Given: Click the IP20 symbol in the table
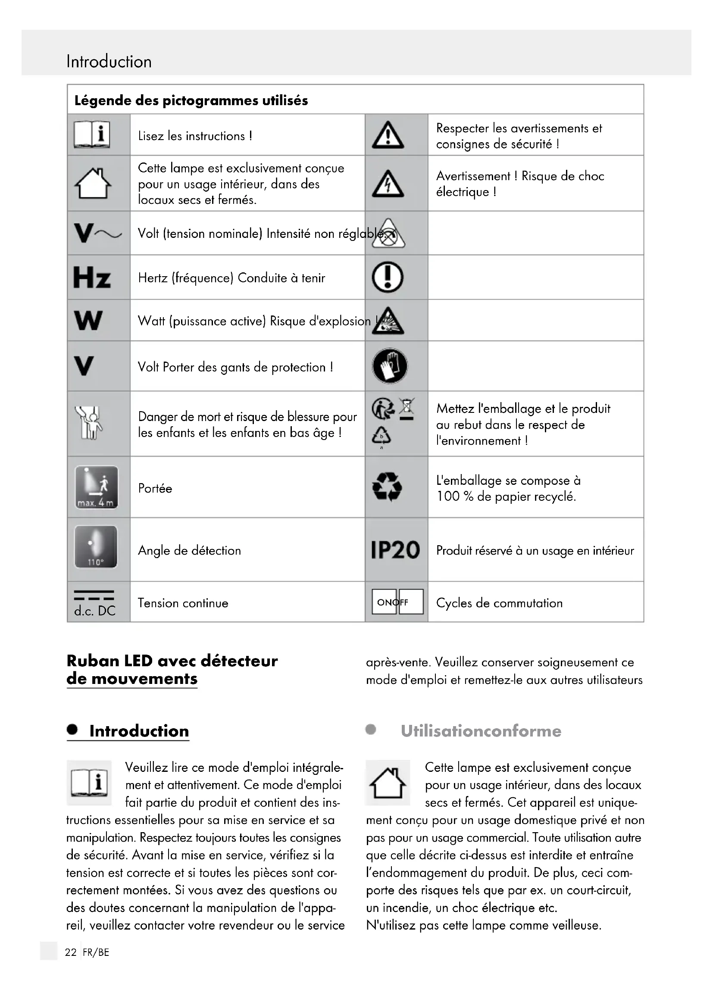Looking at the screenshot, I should [395, 550].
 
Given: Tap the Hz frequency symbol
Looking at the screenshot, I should [92, 278].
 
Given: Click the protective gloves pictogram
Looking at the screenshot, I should [389, 366].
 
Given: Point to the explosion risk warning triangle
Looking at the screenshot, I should [388, 321].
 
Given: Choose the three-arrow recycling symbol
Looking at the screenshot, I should [387, 487].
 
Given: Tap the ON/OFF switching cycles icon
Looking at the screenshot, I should [397, 602].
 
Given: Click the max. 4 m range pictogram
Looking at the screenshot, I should [97, 487].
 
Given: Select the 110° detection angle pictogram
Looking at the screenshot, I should [96, 547].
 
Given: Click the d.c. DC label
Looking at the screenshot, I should [95, 611].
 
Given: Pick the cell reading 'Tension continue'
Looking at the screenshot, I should [183, 603].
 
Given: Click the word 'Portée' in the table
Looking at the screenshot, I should [155, 488].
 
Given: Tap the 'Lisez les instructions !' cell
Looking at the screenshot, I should [195, 136].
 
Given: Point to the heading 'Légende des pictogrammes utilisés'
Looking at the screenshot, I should [191, 100].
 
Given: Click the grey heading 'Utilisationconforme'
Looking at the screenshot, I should [481, 731].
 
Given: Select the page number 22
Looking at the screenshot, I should [71, 952].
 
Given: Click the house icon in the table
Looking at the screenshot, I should [93, 184].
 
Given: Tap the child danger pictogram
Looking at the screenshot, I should [89, 423].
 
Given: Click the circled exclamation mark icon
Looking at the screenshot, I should [388, 277].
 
